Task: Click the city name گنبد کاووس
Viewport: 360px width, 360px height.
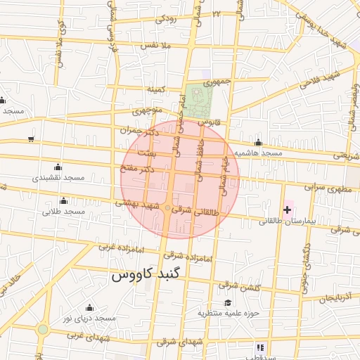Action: coord(146,275)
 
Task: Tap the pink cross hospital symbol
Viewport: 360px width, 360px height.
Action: coord(288,209)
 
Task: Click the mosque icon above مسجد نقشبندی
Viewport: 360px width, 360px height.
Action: coord(58,167)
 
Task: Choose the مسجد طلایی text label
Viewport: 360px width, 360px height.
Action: coord(63,211)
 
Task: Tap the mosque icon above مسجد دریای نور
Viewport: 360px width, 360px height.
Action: coord(89,308)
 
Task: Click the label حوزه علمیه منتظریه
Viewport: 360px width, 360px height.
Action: coord(229,312)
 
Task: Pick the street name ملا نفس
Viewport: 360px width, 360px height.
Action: coord(156,45)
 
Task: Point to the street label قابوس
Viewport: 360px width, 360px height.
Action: coord(210,122)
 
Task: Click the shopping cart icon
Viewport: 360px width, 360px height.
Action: coord(30,139)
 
